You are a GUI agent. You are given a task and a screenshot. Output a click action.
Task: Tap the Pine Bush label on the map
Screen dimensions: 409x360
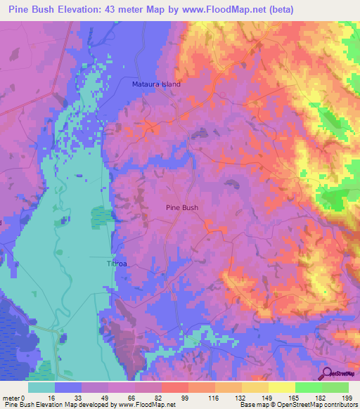181,208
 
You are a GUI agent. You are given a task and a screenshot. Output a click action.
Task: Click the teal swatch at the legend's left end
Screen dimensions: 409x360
41,387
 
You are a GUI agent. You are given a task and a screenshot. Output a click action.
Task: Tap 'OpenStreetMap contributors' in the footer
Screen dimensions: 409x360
320,405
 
